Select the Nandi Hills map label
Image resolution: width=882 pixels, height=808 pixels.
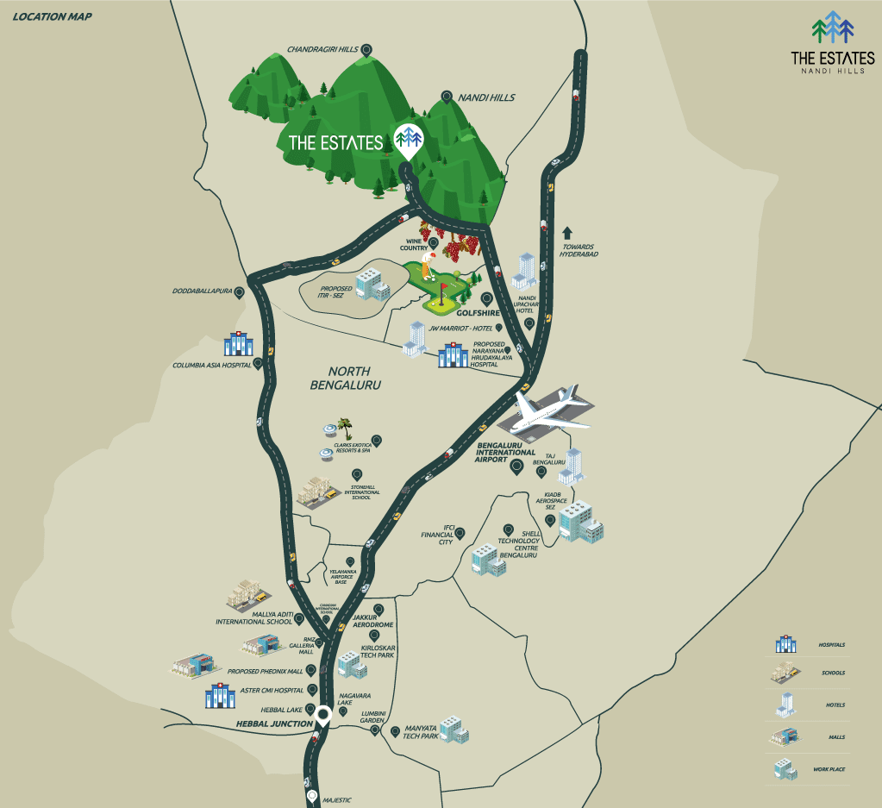click(x=486, y=97)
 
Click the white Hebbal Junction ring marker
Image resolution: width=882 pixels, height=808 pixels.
click(x=323, y=714)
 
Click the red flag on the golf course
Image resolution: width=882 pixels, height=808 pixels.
click(x=444, y=288)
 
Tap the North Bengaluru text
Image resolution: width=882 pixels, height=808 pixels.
click(x=345, y=378)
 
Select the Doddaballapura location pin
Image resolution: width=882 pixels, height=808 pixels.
click(x=239, y=292)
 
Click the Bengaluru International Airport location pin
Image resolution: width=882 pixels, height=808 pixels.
click(x=517, y=467)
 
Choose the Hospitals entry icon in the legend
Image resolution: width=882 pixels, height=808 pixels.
click(x=785, y=644)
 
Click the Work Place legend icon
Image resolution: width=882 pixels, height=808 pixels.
click(x=783, y=767)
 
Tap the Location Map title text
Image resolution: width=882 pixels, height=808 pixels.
click(x=53, y=16)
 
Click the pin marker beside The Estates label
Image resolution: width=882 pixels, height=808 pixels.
click(x=408, y=139)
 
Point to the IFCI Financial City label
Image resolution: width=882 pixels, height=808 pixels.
click(x=436, y=535)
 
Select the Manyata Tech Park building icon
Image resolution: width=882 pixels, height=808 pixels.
click(x=454, y=730)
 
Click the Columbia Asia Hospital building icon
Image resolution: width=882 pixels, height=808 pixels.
click(x=237, y=344)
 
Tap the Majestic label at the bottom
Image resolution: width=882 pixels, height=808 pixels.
click(x=337, y=800)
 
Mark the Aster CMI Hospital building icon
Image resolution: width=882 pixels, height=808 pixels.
click(x=219, y=695)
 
